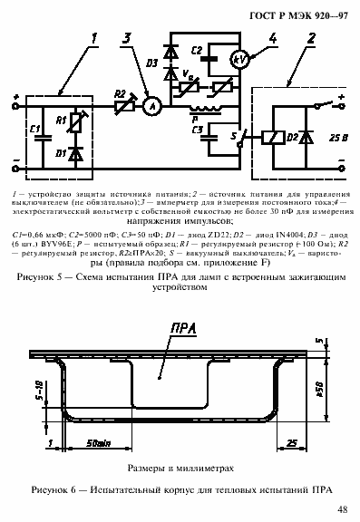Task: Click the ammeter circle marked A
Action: pos(152,106)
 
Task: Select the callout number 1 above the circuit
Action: pos(95,37)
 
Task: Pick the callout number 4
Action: pos(273,37)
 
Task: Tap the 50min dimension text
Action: pos(99,443)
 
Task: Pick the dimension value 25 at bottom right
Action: pos(291,443)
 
